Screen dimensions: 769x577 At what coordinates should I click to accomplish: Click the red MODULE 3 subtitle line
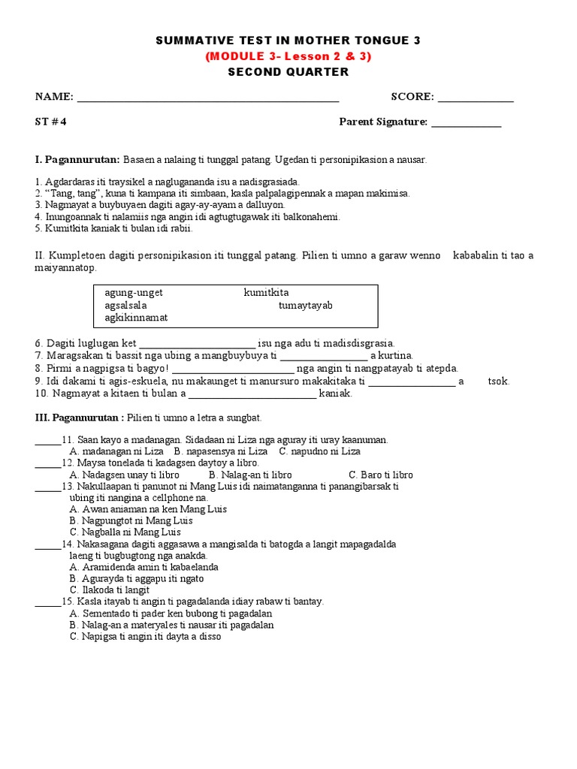pyautogui.click(x=288, y=56)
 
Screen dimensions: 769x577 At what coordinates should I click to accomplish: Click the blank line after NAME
pyautogui.click(x=207, y=99)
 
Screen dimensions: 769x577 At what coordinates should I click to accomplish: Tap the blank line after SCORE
pyautogui.click(x=476, y=99)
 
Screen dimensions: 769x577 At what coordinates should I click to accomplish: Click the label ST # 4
pyautogui.click(x=51, y=122)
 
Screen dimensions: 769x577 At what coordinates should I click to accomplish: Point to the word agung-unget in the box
pyautogui.click(x=134, y=293)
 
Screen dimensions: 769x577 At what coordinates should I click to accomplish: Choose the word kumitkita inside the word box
pyautogui.click(x=266, y=293)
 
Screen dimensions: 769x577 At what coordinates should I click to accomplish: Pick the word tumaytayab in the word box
pyautogui.click(x=305, y=306)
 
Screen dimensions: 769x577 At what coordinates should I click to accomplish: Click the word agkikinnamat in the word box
pyautogui.click(x=136, y=318)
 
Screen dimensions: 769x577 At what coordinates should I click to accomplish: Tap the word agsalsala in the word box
pyautogui.click(x=125, y=306)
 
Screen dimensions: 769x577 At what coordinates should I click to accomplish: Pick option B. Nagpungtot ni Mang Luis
pyautogui.click(x=131, y=520)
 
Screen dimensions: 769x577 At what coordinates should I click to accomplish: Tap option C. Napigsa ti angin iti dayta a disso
pyautogui.click(x=145, y=636)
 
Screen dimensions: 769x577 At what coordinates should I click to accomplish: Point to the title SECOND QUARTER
pyautogui.click(x=288, y=72)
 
